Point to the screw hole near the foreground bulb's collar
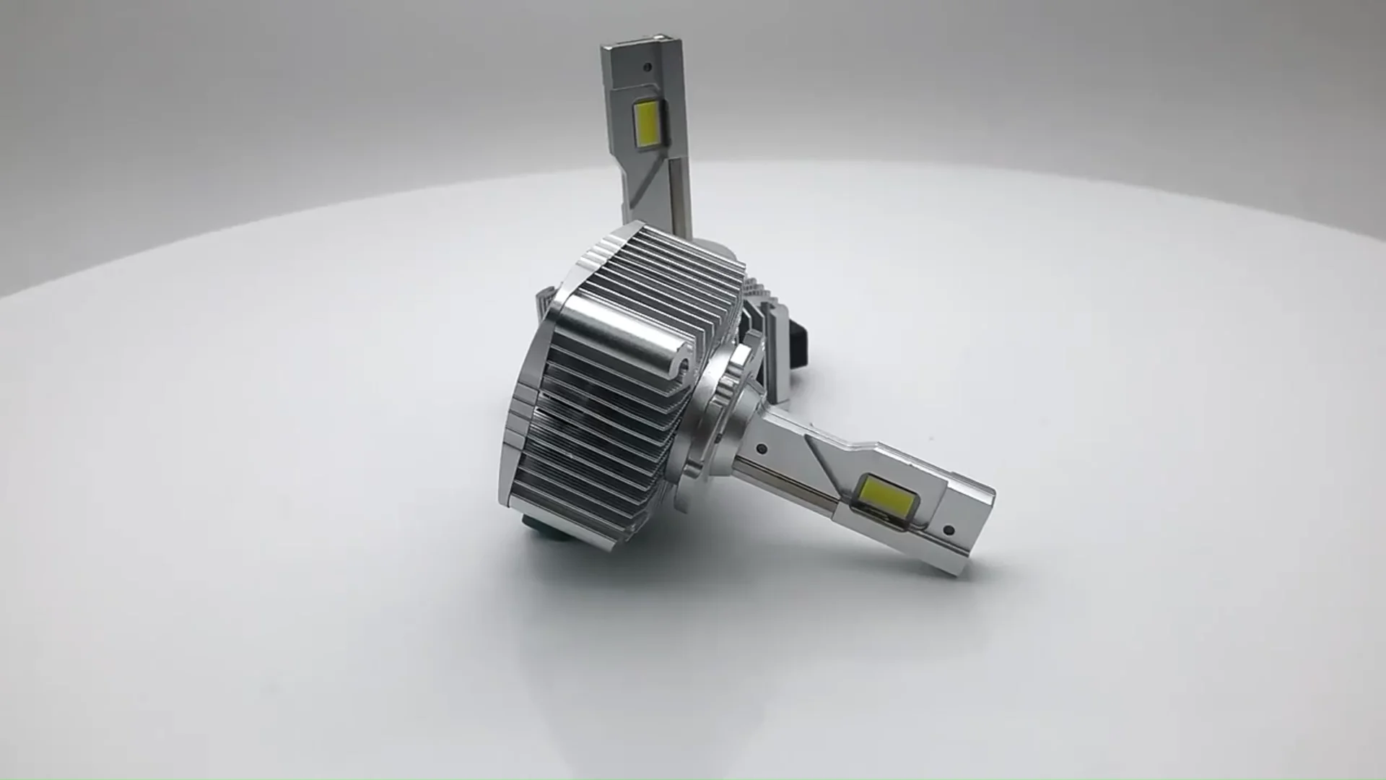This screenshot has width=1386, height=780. (762, 448)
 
